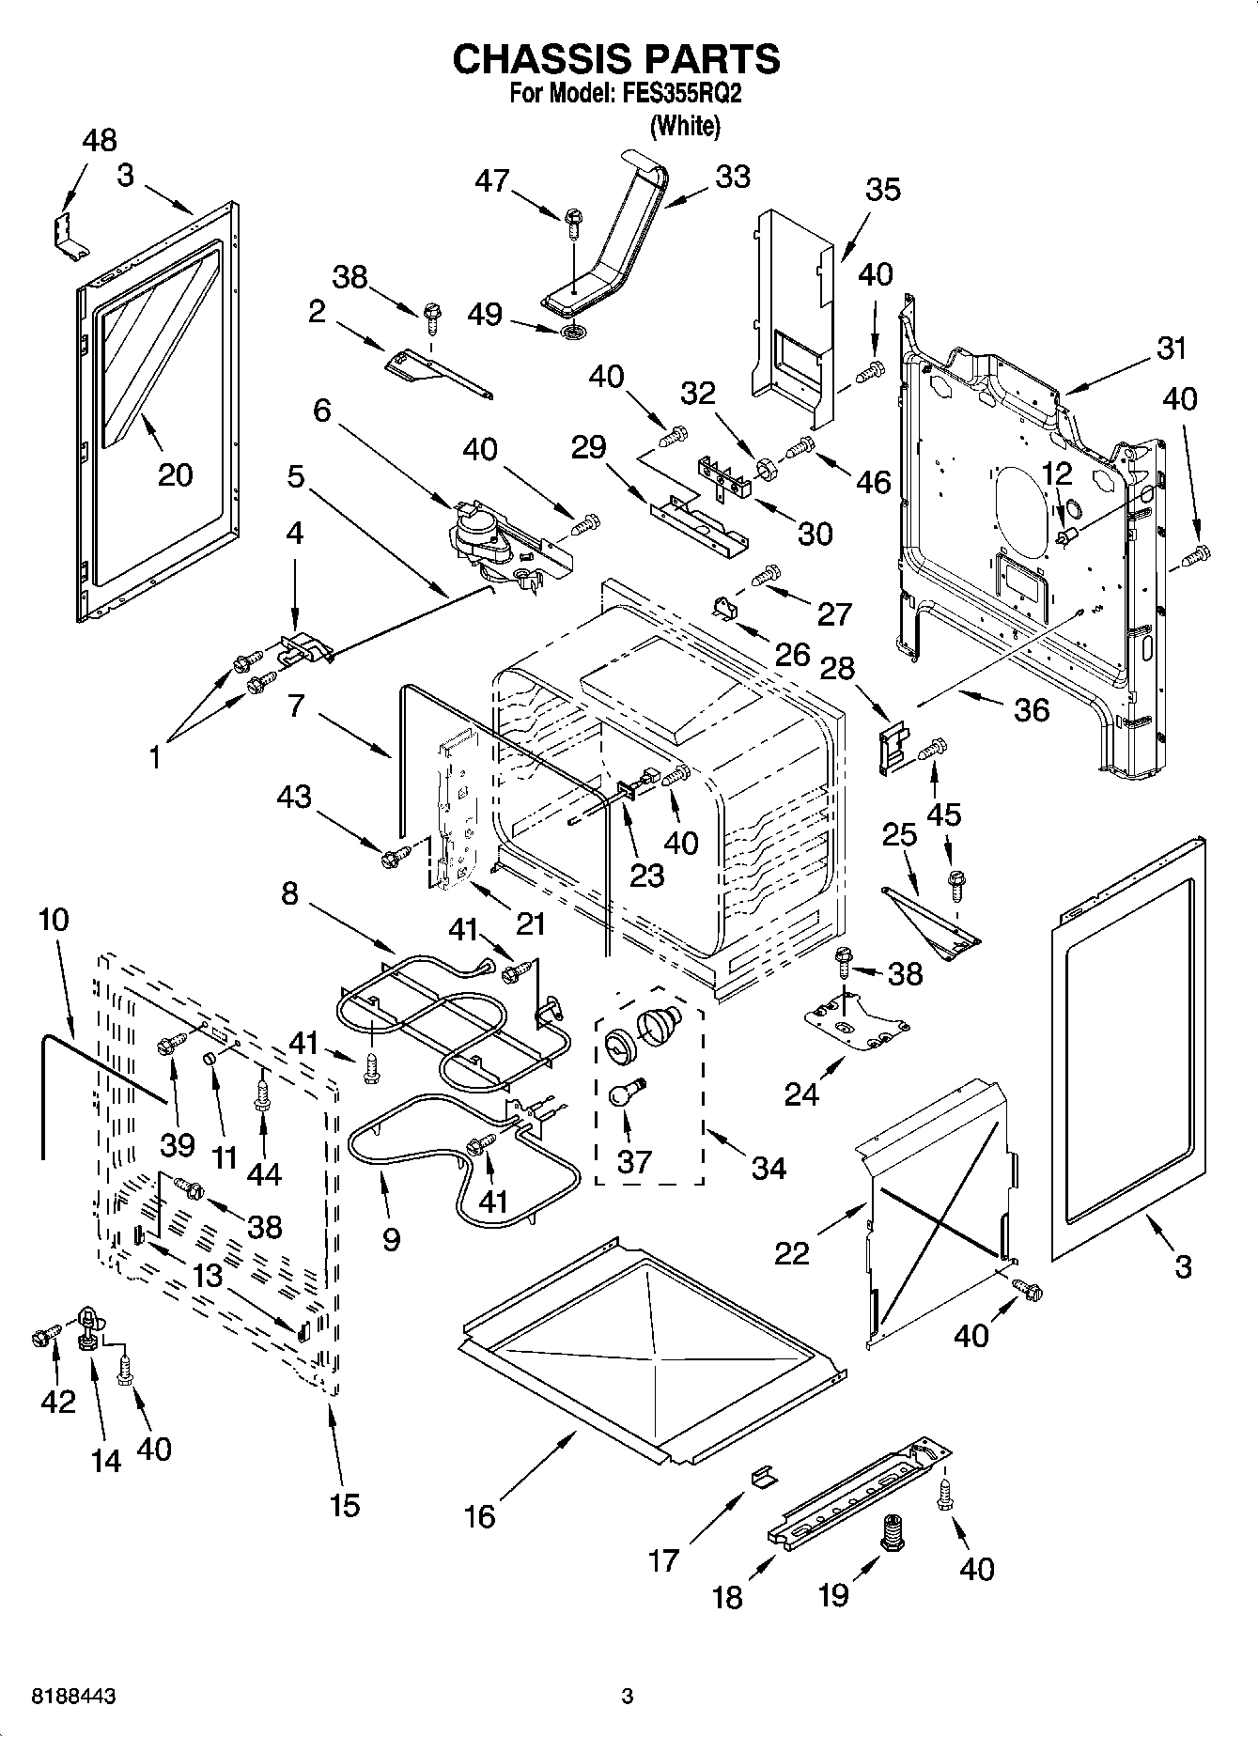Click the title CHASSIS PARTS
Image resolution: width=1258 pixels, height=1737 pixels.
point(616,59)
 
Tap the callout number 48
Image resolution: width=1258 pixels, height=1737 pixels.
point(100,141)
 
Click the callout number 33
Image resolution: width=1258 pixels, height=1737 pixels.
point(733,177)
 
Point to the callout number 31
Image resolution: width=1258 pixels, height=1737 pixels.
point(1172,349)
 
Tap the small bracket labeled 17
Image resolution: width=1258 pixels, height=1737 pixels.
point(763,1477)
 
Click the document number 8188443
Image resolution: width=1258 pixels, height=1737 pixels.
point(61,1697)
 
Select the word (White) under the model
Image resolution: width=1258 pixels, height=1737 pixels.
point(685,126)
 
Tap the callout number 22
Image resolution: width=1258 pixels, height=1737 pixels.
point(791,1253)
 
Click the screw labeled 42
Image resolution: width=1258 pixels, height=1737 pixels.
point(44,1335)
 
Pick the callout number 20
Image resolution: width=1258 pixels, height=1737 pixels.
point(175,474)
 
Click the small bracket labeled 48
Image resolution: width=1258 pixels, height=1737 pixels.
point(69,236)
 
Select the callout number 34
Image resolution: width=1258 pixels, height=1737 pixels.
point(769,1168)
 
